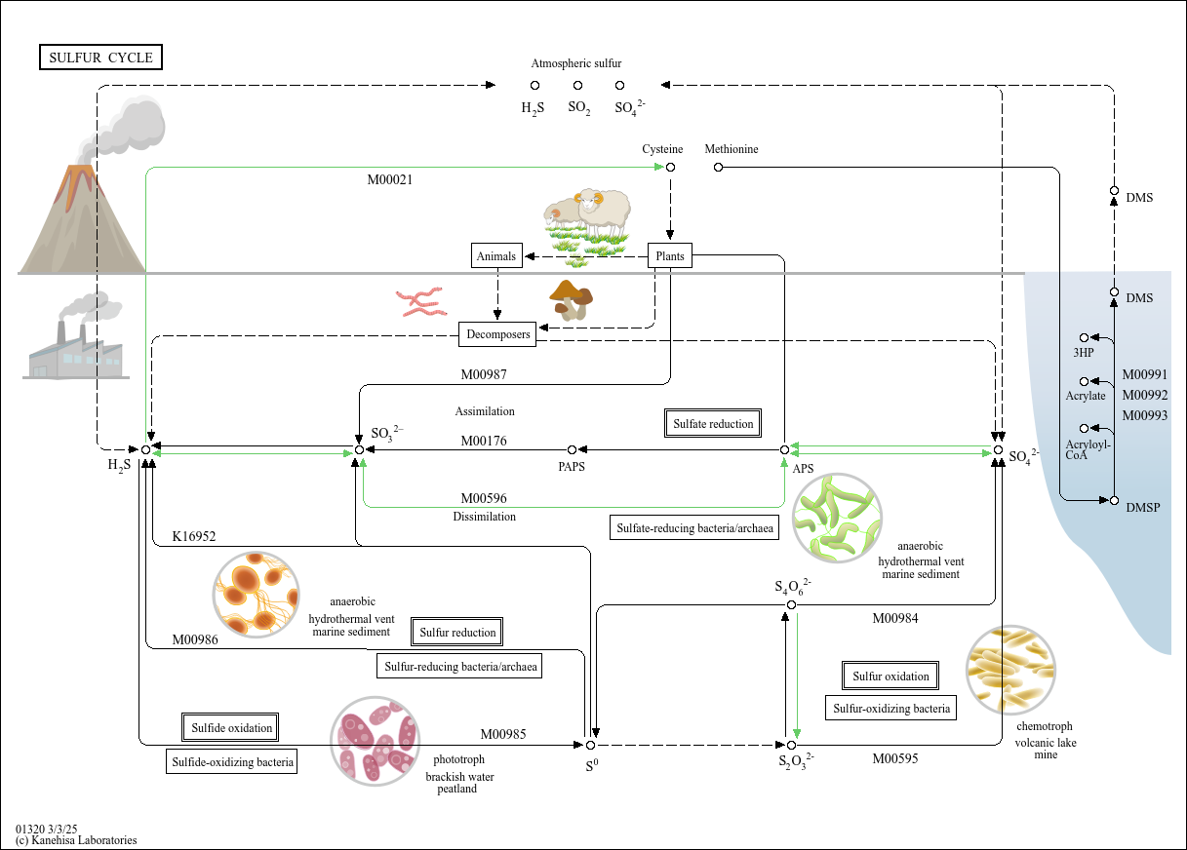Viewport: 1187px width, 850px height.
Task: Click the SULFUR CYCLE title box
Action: pyautogui.click(x=100, y=58)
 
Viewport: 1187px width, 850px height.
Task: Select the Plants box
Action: pyautogui.click(x=670, y=256)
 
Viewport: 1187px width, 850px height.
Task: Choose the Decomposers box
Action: pyautogui.click(x=498, y=334)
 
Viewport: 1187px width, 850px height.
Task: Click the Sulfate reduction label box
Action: pyautogui.click(x=713, y=424)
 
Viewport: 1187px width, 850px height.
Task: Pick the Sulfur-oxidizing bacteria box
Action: pyautogui.click(x=890, y=709)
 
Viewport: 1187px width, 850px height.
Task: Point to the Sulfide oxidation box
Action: pyautogui.click(x=231, y=727)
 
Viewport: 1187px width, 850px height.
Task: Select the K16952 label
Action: pyautogui.click(x=194, y=536)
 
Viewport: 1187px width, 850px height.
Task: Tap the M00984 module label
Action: pyautogui.click(x=895, y=618)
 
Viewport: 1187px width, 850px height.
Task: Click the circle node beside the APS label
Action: pyautogui.click(x=784, y=450)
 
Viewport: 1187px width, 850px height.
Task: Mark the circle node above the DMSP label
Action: pyautogui.click(x=1114, y=500)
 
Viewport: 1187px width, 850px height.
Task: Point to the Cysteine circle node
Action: pyautogui.click(x=669, y=168)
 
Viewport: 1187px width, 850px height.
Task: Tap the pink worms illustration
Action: pyautogui.click(x=420, y=302)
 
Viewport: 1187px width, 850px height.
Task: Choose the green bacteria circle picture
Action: pyautogui.click(x=838, y=518)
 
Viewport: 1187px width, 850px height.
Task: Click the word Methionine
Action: pyautogui.click(x=732, y=149)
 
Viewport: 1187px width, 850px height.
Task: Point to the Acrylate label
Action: pyautogui.click(x=1086, y=396)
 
